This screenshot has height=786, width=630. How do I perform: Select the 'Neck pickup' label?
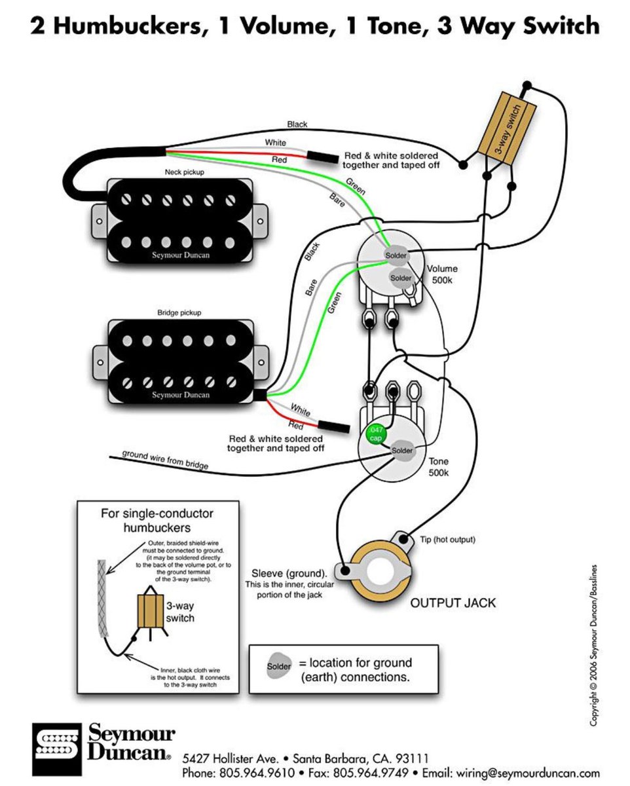[183, 172]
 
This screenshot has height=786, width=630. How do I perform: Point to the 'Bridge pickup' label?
[179, 313]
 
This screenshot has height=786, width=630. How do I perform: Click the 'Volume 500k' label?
[442, 274]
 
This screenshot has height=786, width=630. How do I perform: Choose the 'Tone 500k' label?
[438, 466]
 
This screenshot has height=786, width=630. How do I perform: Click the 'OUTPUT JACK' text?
[453, 603]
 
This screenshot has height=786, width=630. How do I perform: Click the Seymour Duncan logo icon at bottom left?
[55, 744]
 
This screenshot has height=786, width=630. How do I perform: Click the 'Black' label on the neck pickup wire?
[297, 124]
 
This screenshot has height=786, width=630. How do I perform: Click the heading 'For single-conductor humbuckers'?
[157, 520]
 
